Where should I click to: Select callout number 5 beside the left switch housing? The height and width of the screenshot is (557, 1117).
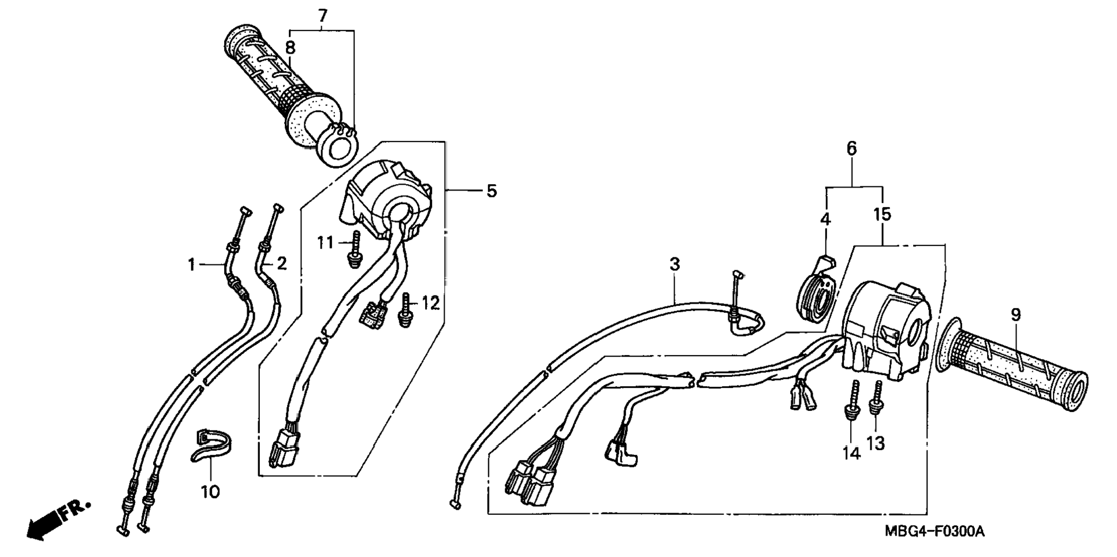(x=492, y=190)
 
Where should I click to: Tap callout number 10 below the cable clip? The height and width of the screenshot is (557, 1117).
(x=210, y=492)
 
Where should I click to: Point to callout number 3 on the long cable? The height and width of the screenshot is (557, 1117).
(x=675, y=264)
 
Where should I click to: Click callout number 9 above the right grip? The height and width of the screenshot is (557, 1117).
(x=1015, y=315)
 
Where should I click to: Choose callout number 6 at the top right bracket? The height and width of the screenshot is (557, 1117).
(x=852, y=148)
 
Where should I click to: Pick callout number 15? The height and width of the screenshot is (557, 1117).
(x=882, y=214)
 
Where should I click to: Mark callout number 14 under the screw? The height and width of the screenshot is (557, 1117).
(x=851, y=454)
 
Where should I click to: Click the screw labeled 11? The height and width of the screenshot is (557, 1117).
(x=354, y=249)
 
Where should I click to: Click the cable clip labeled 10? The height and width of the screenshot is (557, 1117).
(x=210, y=446)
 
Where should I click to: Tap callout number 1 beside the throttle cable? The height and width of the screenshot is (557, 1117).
(x=191, y=265)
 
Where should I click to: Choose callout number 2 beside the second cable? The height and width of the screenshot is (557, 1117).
(x=281, y=264)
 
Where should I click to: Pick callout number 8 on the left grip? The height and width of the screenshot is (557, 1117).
(x=290, y=47)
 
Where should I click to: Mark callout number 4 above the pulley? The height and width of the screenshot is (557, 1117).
(x=825, y=219)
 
